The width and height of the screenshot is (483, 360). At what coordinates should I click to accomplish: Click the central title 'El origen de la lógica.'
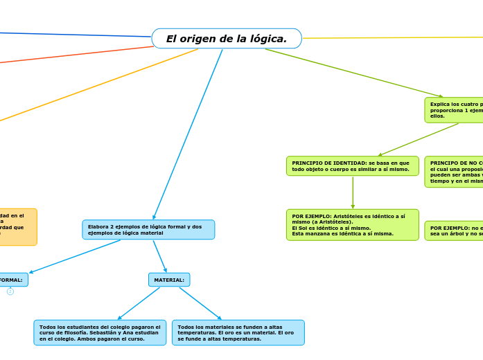pos(227,39)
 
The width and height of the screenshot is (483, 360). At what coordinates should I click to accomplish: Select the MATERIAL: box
pos(169,280)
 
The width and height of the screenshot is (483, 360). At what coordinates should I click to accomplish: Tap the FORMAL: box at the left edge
pos(12,280)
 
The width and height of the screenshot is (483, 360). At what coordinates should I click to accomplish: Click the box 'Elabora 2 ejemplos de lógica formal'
pos(148,230)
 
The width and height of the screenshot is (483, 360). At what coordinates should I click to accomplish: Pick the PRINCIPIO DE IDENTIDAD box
pos(352,166)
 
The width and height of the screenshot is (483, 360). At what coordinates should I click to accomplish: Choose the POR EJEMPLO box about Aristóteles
pos(352,225)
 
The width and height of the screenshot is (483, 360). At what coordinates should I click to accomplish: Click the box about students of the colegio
pos(100,333)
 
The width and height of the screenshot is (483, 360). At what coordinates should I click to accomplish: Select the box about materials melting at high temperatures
pos(238,333)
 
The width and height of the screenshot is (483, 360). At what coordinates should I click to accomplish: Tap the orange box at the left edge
pos(17,227)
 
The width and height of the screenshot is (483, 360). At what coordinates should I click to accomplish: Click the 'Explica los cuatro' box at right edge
pos(455,110)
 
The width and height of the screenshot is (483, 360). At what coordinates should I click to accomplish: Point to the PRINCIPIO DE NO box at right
pos(455,172)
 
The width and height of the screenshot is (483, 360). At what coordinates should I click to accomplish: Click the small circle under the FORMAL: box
pos(10,291)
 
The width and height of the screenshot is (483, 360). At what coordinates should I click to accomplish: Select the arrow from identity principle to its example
pos(353,192)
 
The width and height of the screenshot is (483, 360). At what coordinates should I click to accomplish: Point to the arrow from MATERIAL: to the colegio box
pos(139,303)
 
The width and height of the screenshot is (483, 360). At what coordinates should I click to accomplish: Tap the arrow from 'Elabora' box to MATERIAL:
pos(160,256)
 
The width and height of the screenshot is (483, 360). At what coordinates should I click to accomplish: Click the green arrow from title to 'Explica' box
pos(353,73)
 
